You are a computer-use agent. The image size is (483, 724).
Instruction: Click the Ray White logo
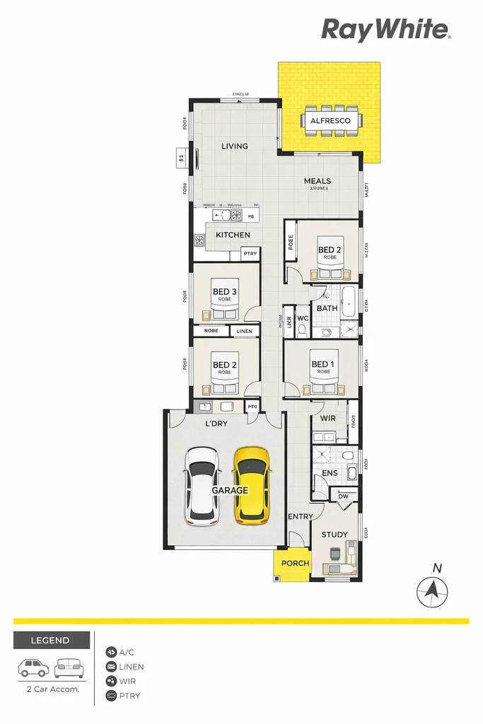click(386, 30)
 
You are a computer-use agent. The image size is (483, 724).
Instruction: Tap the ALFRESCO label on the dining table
click(330, 121)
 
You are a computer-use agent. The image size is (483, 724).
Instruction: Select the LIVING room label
click(235, 146)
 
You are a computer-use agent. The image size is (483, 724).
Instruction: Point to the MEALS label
click(318, 181)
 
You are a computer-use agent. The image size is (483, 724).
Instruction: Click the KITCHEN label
click(233, 235)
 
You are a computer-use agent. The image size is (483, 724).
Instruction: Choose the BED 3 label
click(224, 291)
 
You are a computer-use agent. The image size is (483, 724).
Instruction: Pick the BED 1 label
click(323, 364)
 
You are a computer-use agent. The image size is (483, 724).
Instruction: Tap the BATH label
click(327, 308)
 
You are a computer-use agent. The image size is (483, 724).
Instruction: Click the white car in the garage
click(202, 486)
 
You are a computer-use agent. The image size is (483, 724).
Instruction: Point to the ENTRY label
click(300, 517)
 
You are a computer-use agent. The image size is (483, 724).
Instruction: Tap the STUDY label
click(335, 535)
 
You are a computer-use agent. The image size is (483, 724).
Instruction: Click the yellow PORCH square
click(291, 564)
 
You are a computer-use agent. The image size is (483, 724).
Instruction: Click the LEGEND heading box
click(52, 641)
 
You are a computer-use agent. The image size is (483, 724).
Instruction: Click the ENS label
click(330, 473)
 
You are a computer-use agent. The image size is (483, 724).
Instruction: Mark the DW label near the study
click(344, 497)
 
